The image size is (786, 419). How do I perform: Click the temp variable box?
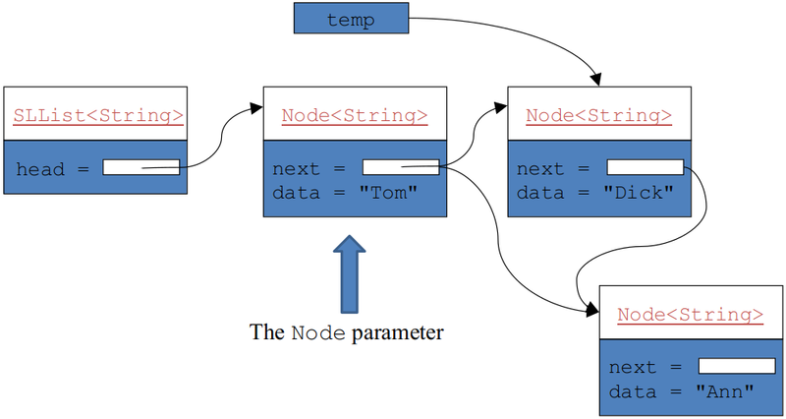pos(350,20)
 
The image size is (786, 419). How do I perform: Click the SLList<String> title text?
pos(97,116)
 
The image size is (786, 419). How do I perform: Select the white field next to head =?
pos(140,168)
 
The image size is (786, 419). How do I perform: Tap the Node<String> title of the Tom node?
pos(355,116)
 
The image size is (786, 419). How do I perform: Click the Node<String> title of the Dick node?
pos(598,116)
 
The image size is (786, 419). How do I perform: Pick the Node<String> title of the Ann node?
pos(690,314)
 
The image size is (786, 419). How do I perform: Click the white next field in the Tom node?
pos(400,168)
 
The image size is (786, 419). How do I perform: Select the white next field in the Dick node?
pos(645,168)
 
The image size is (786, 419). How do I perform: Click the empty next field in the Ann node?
pos(736,366)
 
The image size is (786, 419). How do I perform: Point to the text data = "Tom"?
pos(346,193)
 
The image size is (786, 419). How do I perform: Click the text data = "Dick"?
pos(595,193)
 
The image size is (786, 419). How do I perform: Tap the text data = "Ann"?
pos(681,390)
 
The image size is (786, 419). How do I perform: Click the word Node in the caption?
pos(317,333)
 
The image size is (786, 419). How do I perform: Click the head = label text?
pos(54,169)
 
